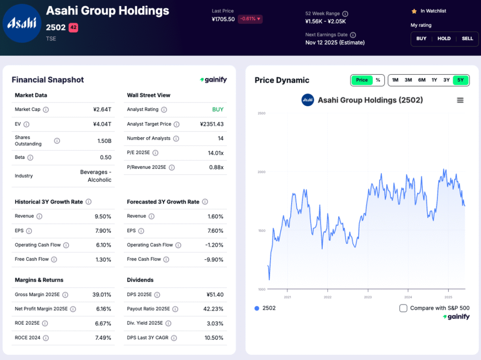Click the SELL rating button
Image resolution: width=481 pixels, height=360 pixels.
coord(467,39)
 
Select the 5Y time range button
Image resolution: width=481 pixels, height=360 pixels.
coord(460,80)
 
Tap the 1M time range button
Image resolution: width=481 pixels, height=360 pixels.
coord(395,80)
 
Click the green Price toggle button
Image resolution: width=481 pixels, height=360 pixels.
coord(362,80)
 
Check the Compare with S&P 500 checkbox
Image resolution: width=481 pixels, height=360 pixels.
coord(403,308)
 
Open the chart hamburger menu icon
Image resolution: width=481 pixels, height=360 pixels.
coord(460,100)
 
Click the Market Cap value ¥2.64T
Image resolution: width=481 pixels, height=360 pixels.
coord(102,110)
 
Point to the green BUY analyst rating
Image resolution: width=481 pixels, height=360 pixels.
coord(217,110)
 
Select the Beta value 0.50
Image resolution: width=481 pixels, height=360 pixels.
coord(106,157)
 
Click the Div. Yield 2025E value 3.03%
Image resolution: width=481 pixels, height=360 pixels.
coord(214,323)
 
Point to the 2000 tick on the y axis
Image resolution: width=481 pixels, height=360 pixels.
coord(261,172)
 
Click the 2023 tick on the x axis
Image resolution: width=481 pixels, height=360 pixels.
coord(368,297)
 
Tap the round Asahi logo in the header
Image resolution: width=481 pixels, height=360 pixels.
coord(22,23)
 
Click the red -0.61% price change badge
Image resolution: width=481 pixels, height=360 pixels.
coord(250,19)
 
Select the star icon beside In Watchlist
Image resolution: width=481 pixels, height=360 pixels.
coord(414,11)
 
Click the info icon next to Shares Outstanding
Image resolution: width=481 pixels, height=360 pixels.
coord(57,141)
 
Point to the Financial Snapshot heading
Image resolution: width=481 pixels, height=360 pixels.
coord(47,80)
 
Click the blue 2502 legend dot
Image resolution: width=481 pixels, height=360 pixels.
coord(256,308)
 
